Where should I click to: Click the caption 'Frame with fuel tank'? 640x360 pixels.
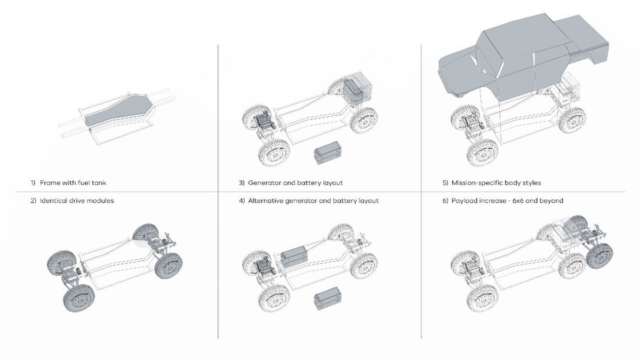(x=73, y=182)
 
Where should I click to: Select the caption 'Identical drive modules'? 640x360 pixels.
(x=77, y=201)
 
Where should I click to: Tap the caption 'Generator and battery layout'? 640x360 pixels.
(x=295, y=183)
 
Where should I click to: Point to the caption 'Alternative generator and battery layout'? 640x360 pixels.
(x=313, y=201)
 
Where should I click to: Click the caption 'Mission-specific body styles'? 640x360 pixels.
(x=496, y=183)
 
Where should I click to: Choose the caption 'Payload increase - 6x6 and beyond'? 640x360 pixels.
(x=507, y=201)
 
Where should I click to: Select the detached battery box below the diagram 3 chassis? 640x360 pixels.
(x=327, y=153)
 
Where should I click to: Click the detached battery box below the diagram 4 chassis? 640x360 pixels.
(x=327, y=299)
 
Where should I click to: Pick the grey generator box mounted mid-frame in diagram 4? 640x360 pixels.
(x=294, y=257)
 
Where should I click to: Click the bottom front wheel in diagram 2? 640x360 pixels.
(x=79, y=298)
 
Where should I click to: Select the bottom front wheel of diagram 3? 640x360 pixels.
(x=274, y=153)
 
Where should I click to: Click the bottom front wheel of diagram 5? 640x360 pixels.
(x=483, y=153)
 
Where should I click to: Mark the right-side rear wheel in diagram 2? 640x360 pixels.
(x=169, y=266)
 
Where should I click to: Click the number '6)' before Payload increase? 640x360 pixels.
(x=445, y=201)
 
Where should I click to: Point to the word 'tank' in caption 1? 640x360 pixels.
(x=99, y=182)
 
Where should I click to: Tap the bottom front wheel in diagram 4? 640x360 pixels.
(x=274, y=298)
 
